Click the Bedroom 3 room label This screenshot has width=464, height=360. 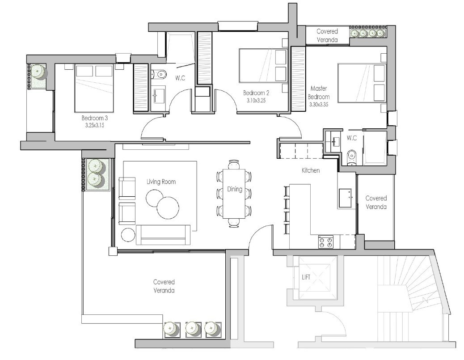pos(94,118)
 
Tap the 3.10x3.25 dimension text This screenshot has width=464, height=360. pos(256,101)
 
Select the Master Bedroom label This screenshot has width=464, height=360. pos(319,93)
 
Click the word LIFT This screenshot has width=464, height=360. pos(306,277)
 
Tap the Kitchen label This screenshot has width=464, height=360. pos(311,170)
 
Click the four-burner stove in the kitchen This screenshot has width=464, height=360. pos(325,242)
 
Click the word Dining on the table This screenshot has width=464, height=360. pos(234,189)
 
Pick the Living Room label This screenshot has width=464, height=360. pos(161,182)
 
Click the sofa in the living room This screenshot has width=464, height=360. pos(162,234)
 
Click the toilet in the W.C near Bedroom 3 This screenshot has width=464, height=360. pos(159,74)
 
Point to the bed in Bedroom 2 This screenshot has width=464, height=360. pos(263,66)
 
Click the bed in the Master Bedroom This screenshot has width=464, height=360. pos(361,83)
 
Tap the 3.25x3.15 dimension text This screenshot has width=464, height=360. pos(94,125)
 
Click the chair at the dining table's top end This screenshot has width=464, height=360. pos(234,164)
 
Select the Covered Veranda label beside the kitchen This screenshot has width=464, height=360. pos(376,202)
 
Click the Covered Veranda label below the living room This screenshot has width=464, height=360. pos(164,286)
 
